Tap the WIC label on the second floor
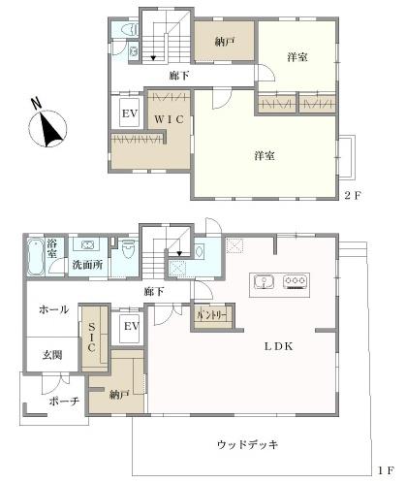pos(169,119)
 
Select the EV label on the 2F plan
pos(130,113)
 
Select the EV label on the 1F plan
pos(132,326)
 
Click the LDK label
pos(279,346)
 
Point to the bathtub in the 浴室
pos(36,257)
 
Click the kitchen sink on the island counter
pos(264,281)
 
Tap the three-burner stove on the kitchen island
pos(295,281)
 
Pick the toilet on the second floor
pos(130,30)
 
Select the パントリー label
pos(212,315)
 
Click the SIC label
pos(91,337)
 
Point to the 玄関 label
pos(52,355)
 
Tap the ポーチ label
pos(64,402)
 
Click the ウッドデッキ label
pos(248,445)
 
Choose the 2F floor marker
pos(353,195)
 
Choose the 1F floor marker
pos(386,470)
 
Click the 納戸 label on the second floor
pos(225,42)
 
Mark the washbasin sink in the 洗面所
pos(87,244)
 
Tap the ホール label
pos(54,309)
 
